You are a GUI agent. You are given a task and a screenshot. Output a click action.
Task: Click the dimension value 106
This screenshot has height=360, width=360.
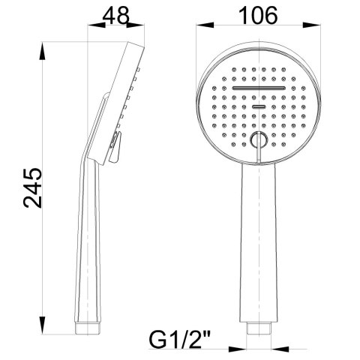coord(257,14)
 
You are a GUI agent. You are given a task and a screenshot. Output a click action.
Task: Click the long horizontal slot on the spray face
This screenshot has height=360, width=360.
coord(258,89)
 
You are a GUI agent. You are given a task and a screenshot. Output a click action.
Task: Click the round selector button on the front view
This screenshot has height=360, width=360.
coord(258,139)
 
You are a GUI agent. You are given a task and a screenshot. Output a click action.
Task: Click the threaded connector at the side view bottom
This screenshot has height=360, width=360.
coord(88,327)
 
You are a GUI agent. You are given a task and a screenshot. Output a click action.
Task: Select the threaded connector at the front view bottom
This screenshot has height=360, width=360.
coord(258,328)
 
